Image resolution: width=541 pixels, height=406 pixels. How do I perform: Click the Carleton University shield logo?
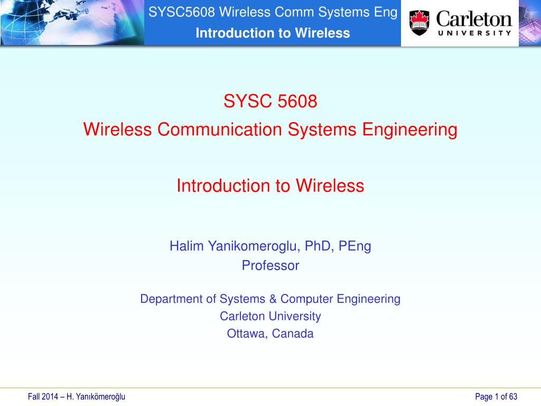pyautogui.click(x=419, y=23)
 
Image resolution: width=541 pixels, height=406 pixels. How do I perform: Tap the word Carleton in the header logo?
pyautogui.click(x=474, y=20)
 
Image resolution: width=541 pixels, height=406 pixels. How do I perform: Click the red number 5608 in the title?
pyautogui.click(x=297, y=101)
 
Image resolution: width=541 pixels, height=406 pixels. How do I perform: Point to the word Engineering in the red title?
pyautogui.click(x=410, y=130)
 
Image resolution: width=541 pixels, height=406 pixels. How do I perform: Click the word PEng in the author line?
pyautogui.click(x=355, y=246)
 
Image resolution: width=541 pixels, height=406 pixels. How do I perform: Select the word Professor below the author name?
pyautogui.click(x=270, y=265)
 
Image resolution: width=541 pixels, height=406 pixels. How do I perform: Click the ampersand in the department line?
pyautogui.click(x=273, y=299)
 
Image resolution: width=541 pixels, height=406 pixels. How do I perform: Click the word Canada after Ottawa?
pyautogui.click(x=293, y=334)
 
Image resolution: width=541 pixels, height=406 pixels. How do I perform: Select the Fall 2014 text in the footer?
pyautogui.click(x=43, y=396)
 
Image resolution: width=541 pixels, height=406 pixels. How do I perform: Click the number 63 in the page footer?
pyautogui.click(x=513, y=396)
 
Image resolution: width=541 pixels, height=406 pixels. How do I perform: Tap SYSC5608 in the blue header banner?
pyautogui.click(x=182, y=12)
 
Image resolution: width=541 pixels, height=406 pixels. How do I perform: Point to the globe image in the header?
pyautogui.click(x=72, y=22)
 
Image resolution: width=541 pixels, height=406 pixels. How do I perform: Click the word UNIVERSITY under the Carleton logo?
pyautogui.click(x=474, y=33)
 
